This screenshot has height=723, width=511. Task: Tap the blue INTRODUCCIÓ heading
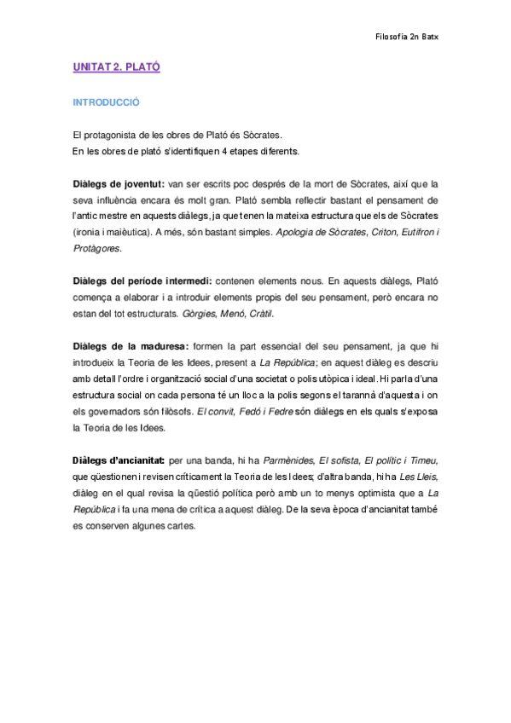point(106,101)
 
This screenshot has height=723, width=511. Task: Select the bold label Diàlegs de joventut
point(119,183)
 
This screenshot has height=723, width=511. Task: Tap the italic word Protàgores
point(96,248)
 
